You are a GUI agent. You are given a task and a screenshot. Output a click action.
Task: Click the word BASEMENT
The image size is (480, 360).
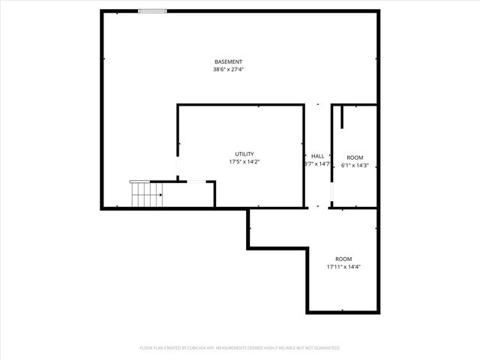tap(228, 61)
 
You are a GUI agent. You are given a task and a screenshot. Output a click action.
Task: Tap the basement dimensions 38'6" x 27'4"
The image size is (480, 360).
tap(228, 70)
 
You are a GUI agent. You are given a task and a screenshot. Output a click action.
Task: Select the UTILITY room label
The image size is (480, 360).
tap(244, 154)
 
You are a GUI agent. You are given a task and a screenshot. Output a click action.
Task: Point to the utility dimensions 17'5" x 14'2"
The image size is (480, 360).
tap(244, 162)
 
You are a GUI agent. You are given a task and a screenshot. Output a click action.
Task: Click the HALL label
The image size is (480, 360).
tap(317, 155)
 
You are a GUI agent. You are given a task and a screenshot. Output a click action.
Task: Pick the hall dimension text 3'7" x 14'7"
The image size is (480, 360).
tap(317, 163)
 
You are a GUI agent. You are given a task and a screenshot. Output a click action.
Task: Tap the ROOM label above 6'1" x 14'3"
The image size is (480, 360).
tap(355, 157)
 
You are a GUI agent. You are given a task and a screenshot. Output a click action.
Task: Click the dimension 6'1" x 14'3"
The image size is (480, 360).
tap(355, 165)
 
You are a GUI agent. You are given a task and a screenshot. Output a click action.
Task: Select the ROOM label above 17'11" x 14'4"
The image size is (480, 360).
tap(343, 259)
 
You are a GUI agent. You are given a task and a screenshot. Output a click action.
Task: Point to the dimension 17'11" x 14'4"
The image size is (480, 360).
tap(343, 267)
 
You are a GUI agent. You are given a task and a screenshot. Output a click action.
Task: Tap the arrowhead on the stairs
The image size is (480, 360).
tap(160, 194)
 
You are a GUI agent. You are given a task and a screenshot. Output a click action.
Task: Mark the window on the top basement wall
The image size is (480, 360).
tap(153, 11)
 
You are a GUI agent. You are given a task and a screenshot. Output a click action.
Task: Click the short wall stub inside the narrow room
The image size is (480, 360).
tap(342, 117)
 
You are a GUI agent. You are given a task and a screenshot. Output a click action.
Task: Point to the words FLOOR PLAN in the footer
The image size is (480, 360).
tap(151, 348)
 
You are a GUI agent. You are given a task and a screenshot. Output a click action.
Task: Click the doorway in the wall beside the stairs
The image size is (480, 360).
tap(196, 181)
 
